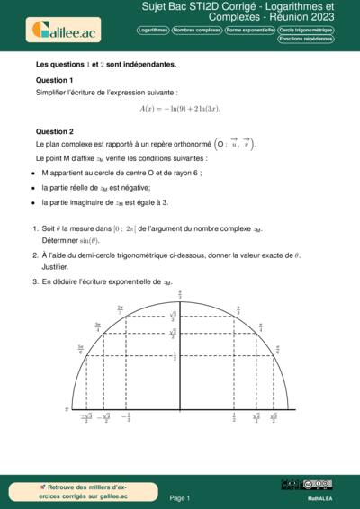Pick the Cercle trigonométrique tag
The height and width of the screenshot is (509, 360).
(304, 31)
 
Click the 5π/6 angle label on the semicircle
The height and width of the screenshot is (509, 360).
(80, 348)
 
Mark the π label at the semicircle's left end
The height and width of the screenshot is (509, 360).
(67, 408)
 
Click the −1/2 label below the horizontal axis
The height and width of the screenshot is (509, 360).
(126, 417)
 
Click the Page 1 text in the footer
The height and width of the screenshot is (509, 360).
(179, 496)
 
